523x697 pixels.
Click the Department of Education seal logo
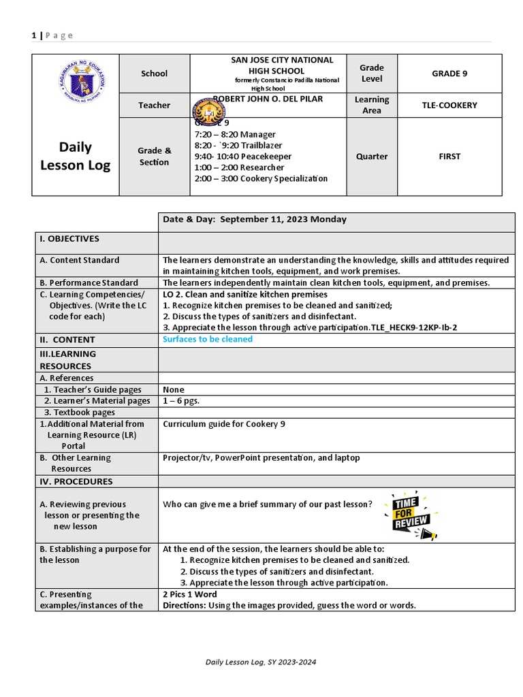[x=81, y=86]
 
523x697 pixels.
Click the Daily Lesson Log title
[x=76, y=156]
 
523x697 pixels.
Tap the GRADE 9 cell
[x=449, y=74]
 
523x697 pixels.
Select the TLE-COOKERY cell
[x=449, y=106]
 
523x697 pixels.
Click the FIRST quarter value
[x=449, y=157]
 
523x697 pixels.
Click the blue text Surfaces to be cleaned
[x=208, y=340]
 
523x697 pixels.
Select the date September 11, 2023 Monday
[x=255, y=219]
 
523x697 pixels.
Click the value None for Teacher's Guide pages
[x=174, y=389]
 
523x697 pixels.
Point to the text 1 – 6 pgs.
[x=181, y=401]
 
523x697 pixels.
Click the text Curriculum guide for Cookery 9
[x=224, y=424]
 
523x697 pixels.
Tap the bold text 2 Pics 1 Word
[x=190, y=594]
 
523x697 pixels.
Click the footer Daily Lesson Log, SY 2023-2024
[x=261, y=662]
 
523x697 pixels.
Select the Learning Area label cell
[x=372, y=105]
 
